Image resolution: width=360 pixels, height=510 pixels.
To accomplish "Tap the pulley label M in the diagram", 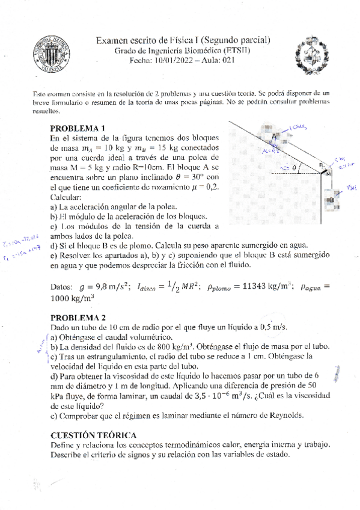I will [328, 174].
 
